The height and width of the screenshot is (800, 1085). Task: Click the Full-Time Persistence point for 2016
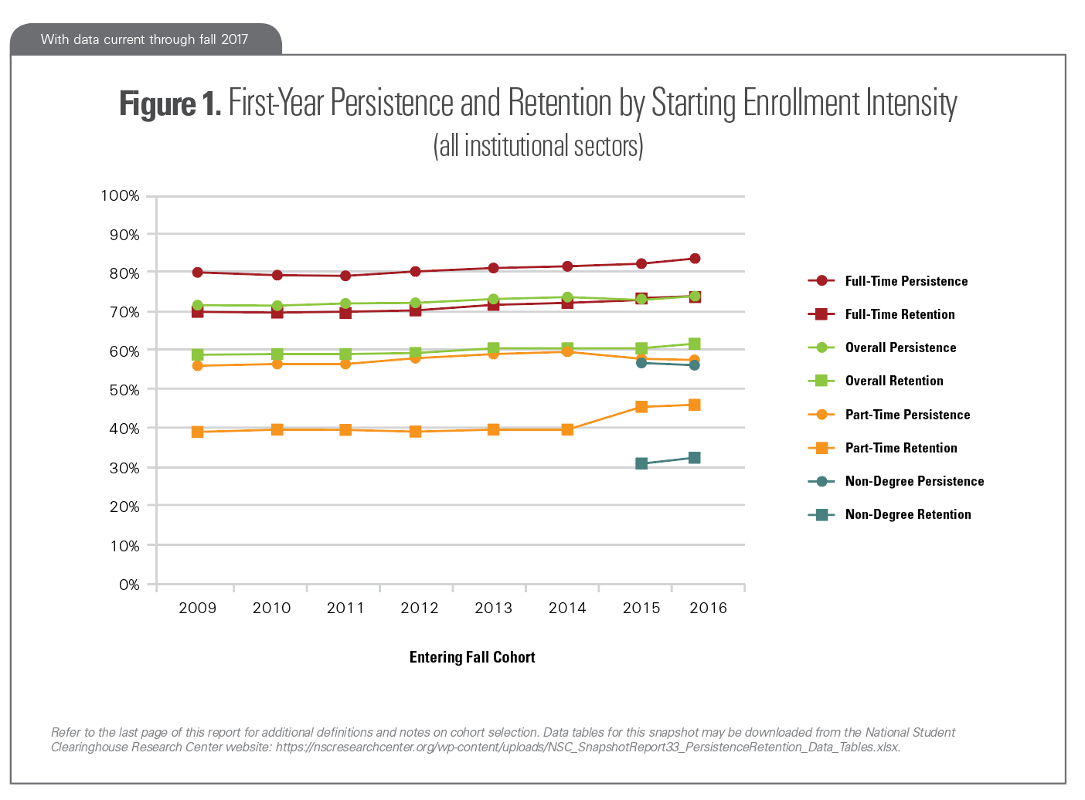[695, 259]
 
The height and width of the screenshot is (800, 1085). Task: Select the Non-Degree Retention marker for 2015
[641, 463]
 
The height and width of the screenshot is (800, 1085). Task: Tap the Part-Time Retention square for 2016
[695, 405]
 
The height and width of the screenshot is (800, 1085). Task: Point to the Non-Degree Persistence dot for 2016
[695, 364]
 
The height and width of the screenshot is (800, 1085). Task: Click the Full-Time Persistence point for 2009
[198, 273]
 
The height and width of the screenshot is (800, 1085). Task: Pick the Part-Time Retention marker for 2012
[416, 432]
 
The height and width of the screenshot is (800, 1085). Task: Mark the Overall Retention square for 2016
[695, 344]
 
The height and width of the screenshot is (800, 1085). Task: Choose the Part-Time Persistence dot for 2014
[567, 351]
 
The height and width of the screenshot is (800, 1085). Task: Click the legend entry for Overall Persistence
[900, 347]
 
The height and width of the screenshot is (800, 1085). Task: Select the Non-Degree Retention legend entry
[907, 514]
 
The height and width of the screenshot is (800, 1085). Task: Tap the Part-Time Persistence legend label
[907, 415]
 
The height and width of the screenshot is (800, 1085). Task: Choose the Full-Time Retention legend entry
[900, 314]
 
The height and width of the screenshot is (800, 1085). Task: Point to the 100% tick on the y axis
[120, 196]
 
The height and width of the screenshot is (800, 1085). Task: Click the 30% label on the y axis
[124, 468]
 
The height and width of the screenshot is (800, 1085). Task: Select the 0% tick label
[129, 585]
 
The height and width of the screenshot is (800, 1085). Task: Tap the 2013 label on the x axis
[493, 608]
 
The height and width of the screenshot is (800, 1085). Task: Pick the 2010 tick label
[271, 608]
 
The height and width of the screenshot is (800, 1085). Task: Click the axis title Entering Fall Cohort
[472, 657]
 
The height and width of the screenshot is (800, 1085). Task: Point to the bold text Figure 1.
[170, 103]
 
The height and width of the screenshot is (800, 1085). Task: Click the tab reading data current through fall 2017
[145, 39]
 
